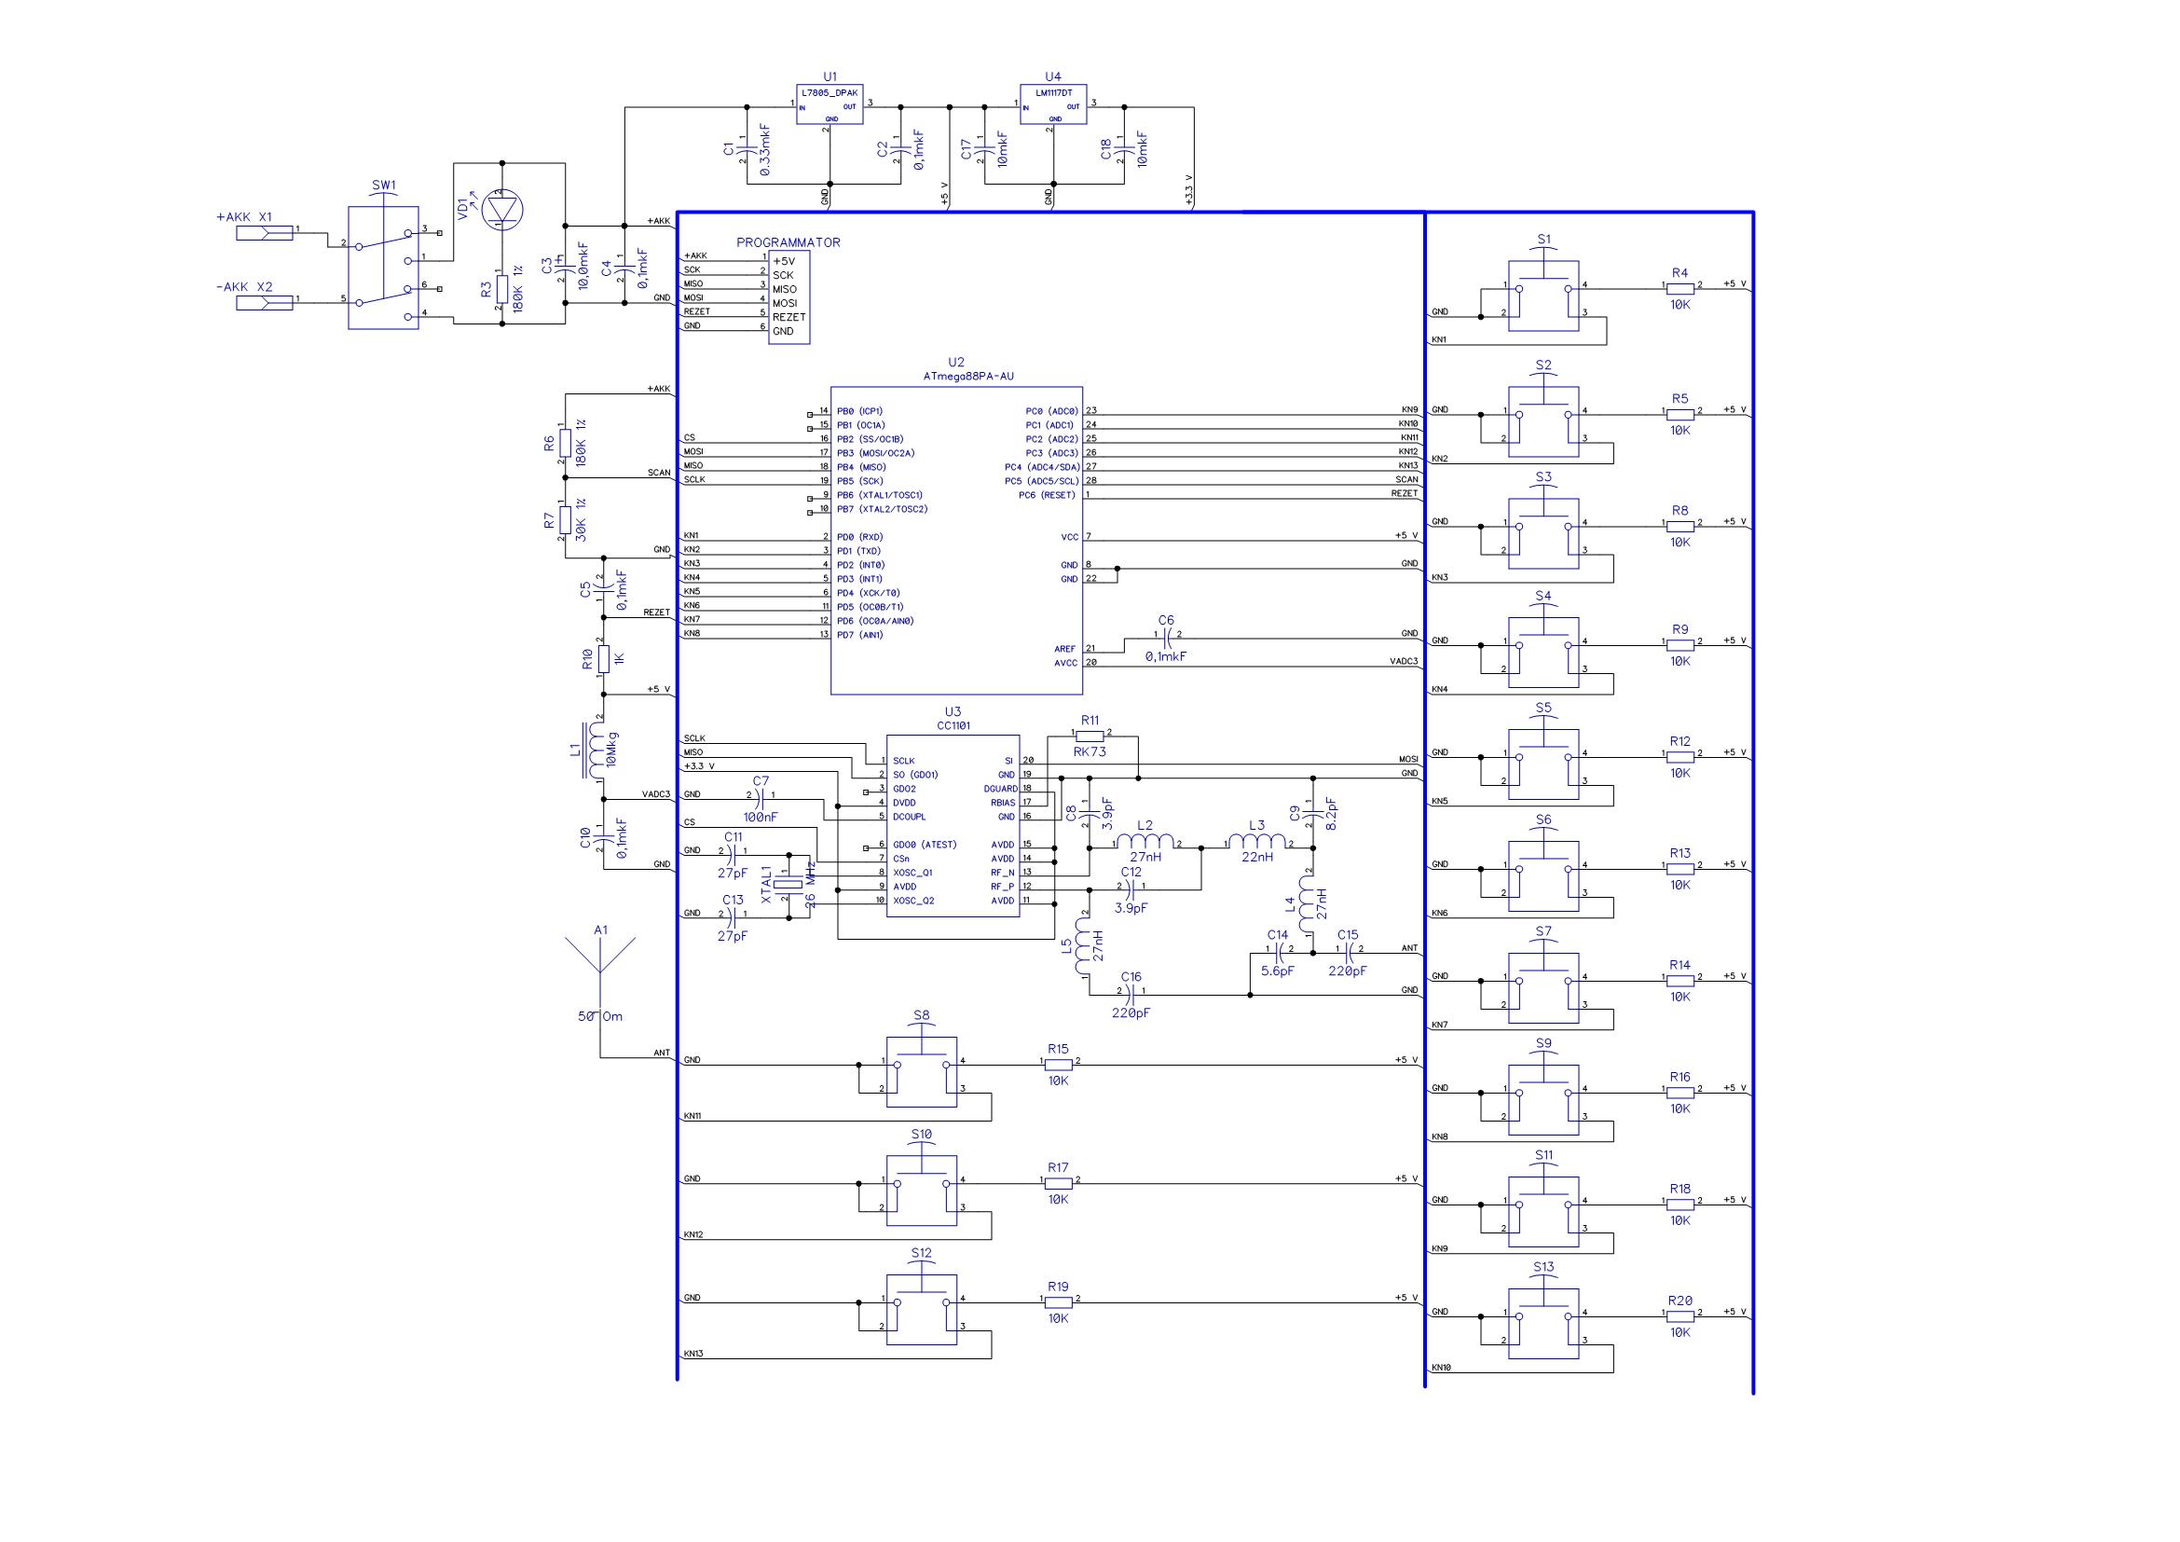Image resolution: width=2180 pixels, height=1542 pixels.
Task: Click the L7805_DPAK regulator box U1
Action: (829, 104)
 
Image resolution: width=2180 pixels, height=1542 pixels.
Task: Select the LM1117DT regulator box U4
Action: (1052, 104)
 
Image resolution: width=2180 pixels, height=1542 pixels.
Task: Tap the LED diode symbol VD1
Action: (503, 210)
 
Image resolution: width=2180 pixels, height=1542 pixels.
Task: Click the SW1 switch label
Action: (383, 186)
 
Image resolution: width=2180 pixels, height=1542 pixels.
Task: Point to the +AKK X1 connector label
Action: (244, 216)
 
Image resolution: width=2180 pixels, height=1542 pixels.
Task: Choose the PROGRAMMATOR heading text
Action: (788, 242)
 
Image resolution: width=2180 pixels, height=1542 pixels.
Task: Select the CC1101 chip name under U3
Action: (953, 725)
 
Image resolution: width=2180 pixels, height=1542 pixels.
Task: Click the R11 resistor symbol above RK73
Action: (1090, 736)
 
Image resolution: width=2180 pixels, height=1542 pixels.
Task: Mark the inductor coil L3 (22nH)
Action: (1257, 840)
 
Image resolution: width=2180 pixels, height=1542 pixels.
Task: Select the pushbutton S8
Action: (921, 1071)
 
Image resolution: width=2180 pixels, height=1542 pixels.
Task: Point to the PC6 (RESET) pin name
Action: (1047, 495)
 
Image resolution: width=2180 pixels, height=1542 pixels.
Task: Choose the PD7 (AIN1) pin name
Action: (860, 635)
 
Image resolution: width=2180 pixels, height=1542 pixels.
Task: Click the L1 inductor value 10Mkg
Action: (614, 750)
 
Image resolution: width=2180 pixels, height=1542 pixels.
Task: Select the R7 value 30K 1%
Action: (581, 520)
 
